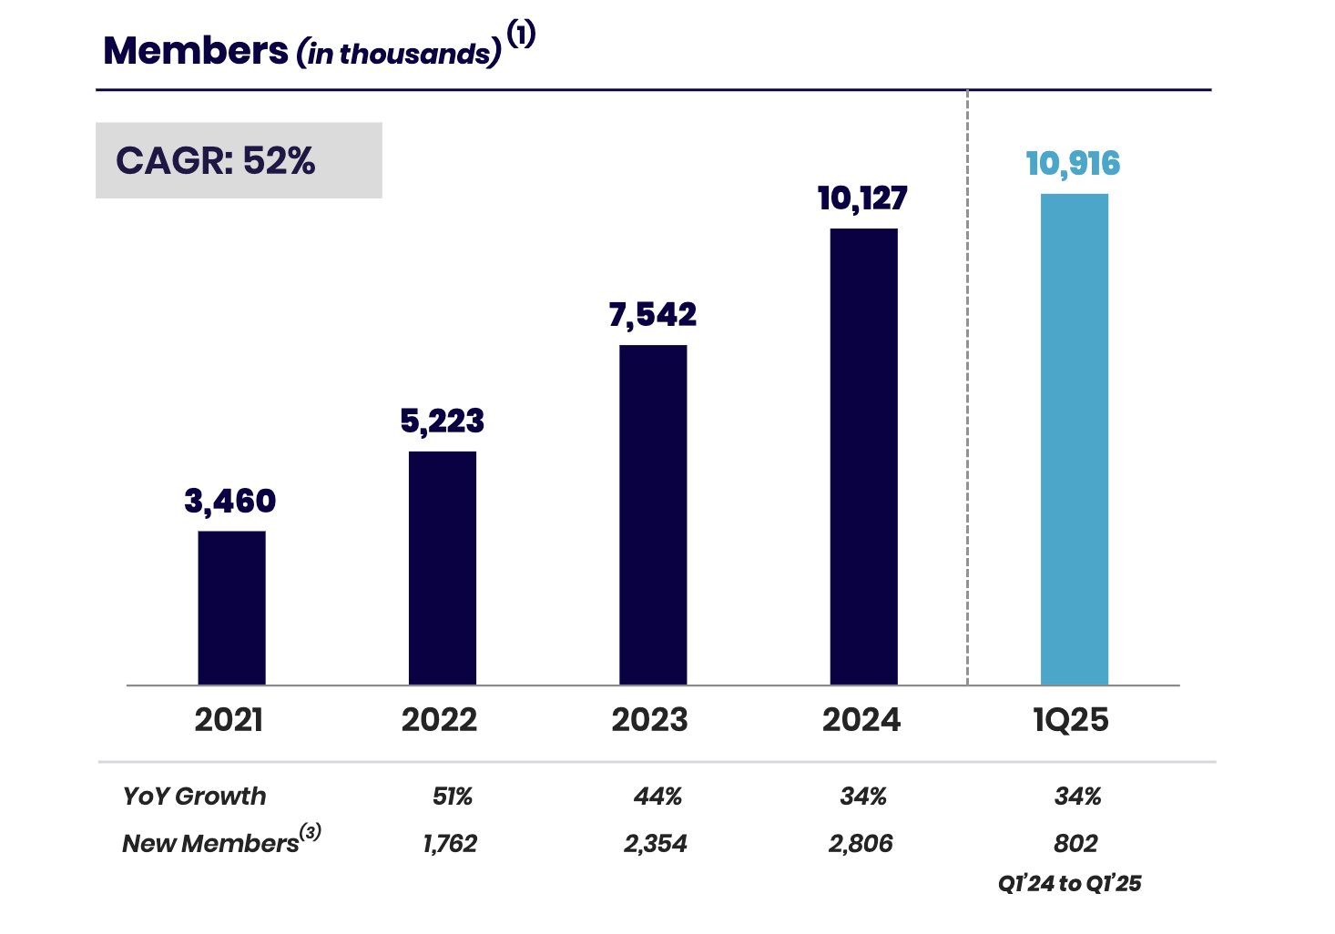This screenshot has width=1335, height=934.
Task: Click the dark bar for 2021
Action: pos(231,607)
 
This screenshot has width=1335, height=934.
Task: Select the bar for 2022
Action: pos(442,567)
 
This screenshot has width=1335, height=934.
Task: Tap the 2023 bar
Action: pos(653,514)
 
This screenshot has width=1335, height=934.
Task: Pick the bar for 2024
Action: pos(863,456)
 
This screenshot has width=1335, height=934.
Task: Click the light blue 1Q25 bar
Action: pos(1074,439)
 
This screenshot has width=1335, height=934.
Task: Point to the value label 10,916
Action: pos(1073,164)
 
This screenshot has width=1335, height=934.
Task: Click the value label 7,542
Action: pos(652,315)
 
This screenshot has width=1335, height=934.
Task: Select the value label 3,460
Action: pos(229,501)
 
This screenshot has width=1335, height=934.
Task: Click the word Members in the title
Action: pos(196,51)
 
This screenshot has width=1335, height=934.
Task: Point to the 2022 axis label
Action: pos(439,720)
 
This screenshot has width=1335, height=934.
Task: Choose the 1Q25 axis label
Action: pos(1071,720)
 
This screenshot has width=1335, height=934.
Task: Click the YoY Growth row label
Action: pos(194,797)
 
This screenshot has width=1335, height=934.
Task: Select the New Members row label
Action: pos(211,843)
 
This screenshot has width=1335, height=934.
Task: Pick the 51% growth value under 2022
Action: pos(452,797)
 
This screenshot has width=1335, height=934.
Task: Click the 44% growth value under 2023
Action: pos(657,797)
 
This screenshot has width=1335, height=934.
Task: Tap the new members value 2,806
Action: pos(861,844)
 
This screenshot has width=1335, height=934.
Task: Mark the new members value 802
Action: pos(1075,844)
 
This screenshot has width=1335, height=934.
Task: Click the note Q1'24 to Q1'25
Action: pos(1069,883)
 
